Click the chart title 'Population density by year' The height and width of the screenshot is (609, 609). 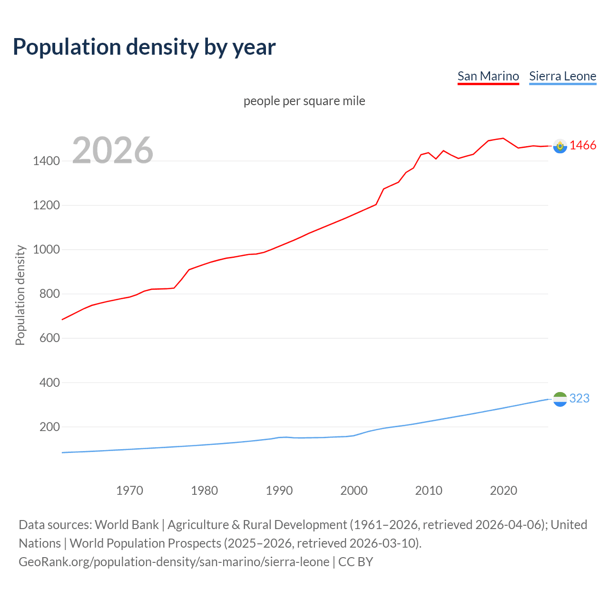144,47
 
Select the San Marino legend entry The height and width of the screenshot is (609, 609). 488,76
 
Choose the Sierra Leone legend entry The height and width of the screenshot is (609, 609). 562,76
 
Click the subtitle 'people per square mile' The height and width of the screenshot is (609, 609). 304,101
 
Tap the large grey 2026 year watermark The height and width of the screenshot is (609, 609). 113,150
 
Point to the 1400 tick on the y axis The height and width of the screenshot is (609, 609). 46,161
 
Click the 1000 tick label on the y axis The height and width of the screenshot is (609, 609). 46,249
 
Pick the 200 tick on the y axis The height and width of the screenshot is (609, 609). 49,427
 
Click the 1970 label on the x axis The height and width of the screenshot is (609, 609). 129,491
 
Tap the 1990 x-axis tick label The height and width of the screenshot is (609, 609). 279,491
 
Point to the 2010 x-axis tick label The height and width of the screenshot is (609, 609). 429,491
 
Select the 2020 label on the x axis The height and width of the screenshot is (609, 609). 503,491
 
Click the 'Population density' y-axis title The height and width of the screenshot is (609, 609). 20,295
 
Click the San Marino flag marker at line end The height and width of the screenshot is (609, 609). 560,146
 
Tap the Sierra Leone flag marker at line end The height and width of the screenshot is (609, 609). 560,399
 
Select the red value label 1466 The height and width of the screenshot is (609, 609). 583,146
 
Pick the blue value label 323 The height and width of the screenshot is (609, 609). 580,398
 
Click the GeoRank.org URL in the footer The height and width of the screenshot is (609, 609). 174,562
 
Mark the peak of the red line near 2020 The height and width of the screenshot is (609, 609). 503,138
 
